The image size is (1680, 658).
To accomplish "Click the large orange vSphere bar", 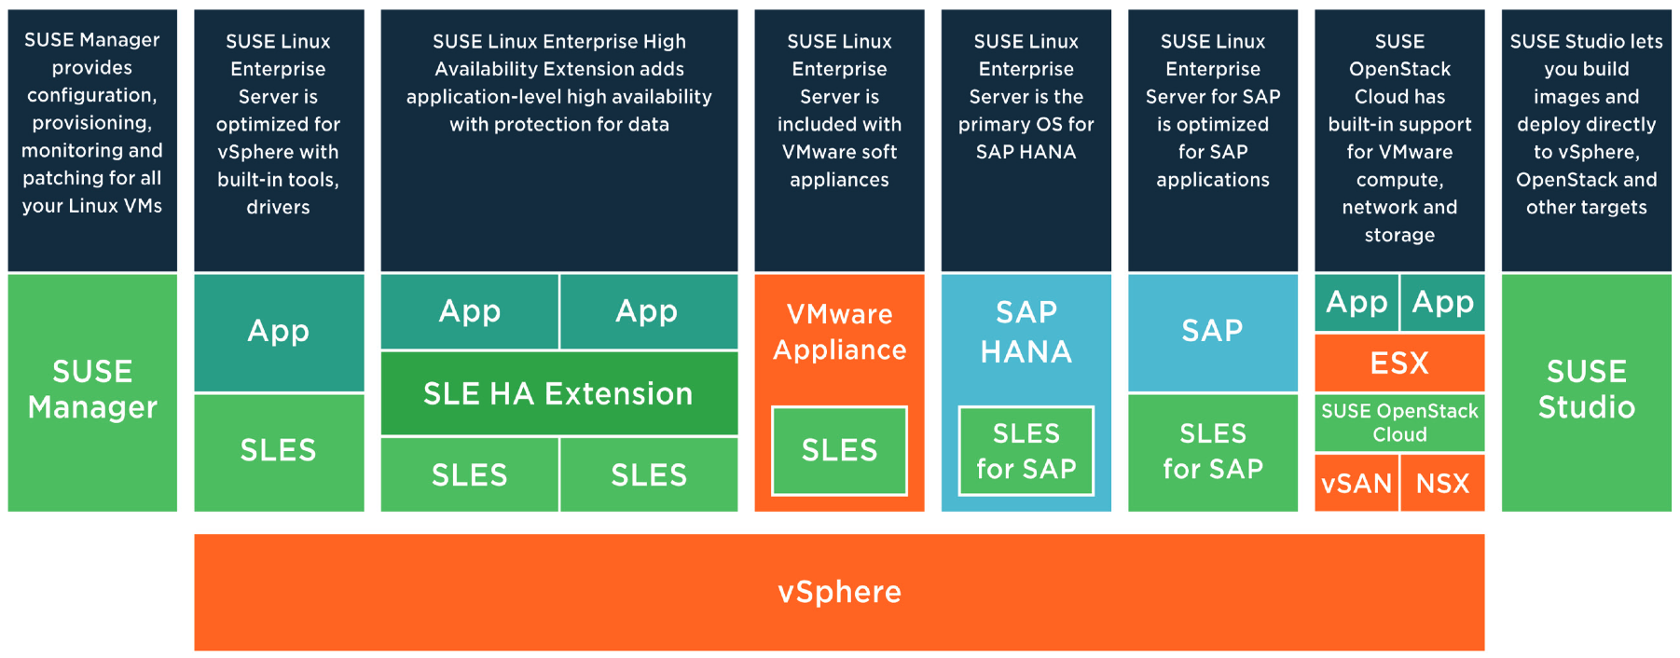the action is [x=839, y=592].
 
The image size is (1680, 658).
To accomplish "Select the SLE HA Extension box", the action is [x=558, y=393].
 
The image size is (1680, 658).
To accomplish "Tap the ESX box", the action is [x=1399, y=363].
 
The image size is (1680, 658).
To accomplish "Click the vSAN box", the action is [x=1356, y=483].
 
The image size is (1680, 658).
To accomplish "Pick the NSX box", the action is [x=1443, y=483].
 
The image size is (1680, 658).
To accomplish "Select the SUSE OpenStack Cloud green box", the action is [x=1399, y=422].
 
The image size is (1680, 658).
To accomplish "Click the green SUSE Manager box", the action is [x=92, y=392].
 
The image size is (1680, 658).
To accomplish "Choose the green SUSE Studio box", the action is [x=1587, y=392].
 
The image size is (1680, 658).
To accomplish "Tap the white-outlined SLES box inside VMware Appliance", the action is [x=839, y=451].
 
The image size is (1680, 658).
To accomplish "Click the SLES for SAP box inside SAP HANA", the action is [x=1026, y=451].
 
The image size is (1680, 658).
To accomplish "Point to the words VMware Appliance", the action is [x=839, y=332].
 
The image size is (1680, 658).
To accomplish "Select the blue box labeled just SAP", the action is [x=1213, y=332].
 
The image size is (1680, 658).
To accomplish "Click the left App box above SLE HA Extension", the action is [x=470, y=311].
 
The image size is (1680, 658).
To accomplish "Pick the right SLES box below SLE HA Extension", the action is [x=649, y=474].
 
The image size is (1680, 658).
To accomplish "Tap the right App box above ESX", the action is [x=1443, y=302].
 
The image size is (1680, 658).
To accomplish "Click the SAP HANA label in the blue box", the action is [x=1026, y=332].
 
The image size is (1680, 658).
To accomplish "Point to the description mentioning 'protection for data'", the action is [x=559, y=83].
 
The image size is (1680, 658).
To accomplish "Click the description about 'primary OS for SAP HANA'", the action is [x=1026, y=97].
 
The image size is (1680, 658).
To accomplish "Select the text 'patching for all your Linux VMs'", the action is [x=92, y=192].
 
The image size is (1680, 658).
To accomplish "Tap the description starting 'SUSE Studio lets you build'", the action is [x=1587, y=124].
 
